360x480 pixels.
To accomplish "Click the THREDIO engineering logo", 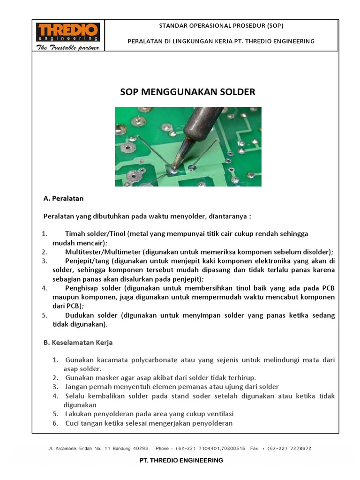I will [x=68, y=32].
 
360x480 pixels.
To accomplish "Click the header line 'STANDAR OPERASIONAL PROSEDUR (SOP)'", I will [x=221, y=25].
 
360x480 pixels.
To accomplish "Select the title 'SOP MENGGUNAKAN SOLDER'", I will [x=188, y=92].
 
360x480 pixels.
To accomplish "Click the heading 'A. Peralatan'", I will [x=63, y=198].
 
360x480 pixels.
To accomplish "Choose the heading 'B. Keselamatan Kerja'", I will [x=78, y=343].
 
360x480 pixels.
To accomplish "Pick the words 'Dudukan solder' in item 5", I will [x=89, y=315].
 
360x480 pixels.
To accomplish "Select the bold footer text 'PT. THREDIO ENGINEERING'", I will [x=181, y=460].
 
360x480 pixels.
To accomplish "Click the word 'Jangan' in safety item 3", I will [x=76, y=387].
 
